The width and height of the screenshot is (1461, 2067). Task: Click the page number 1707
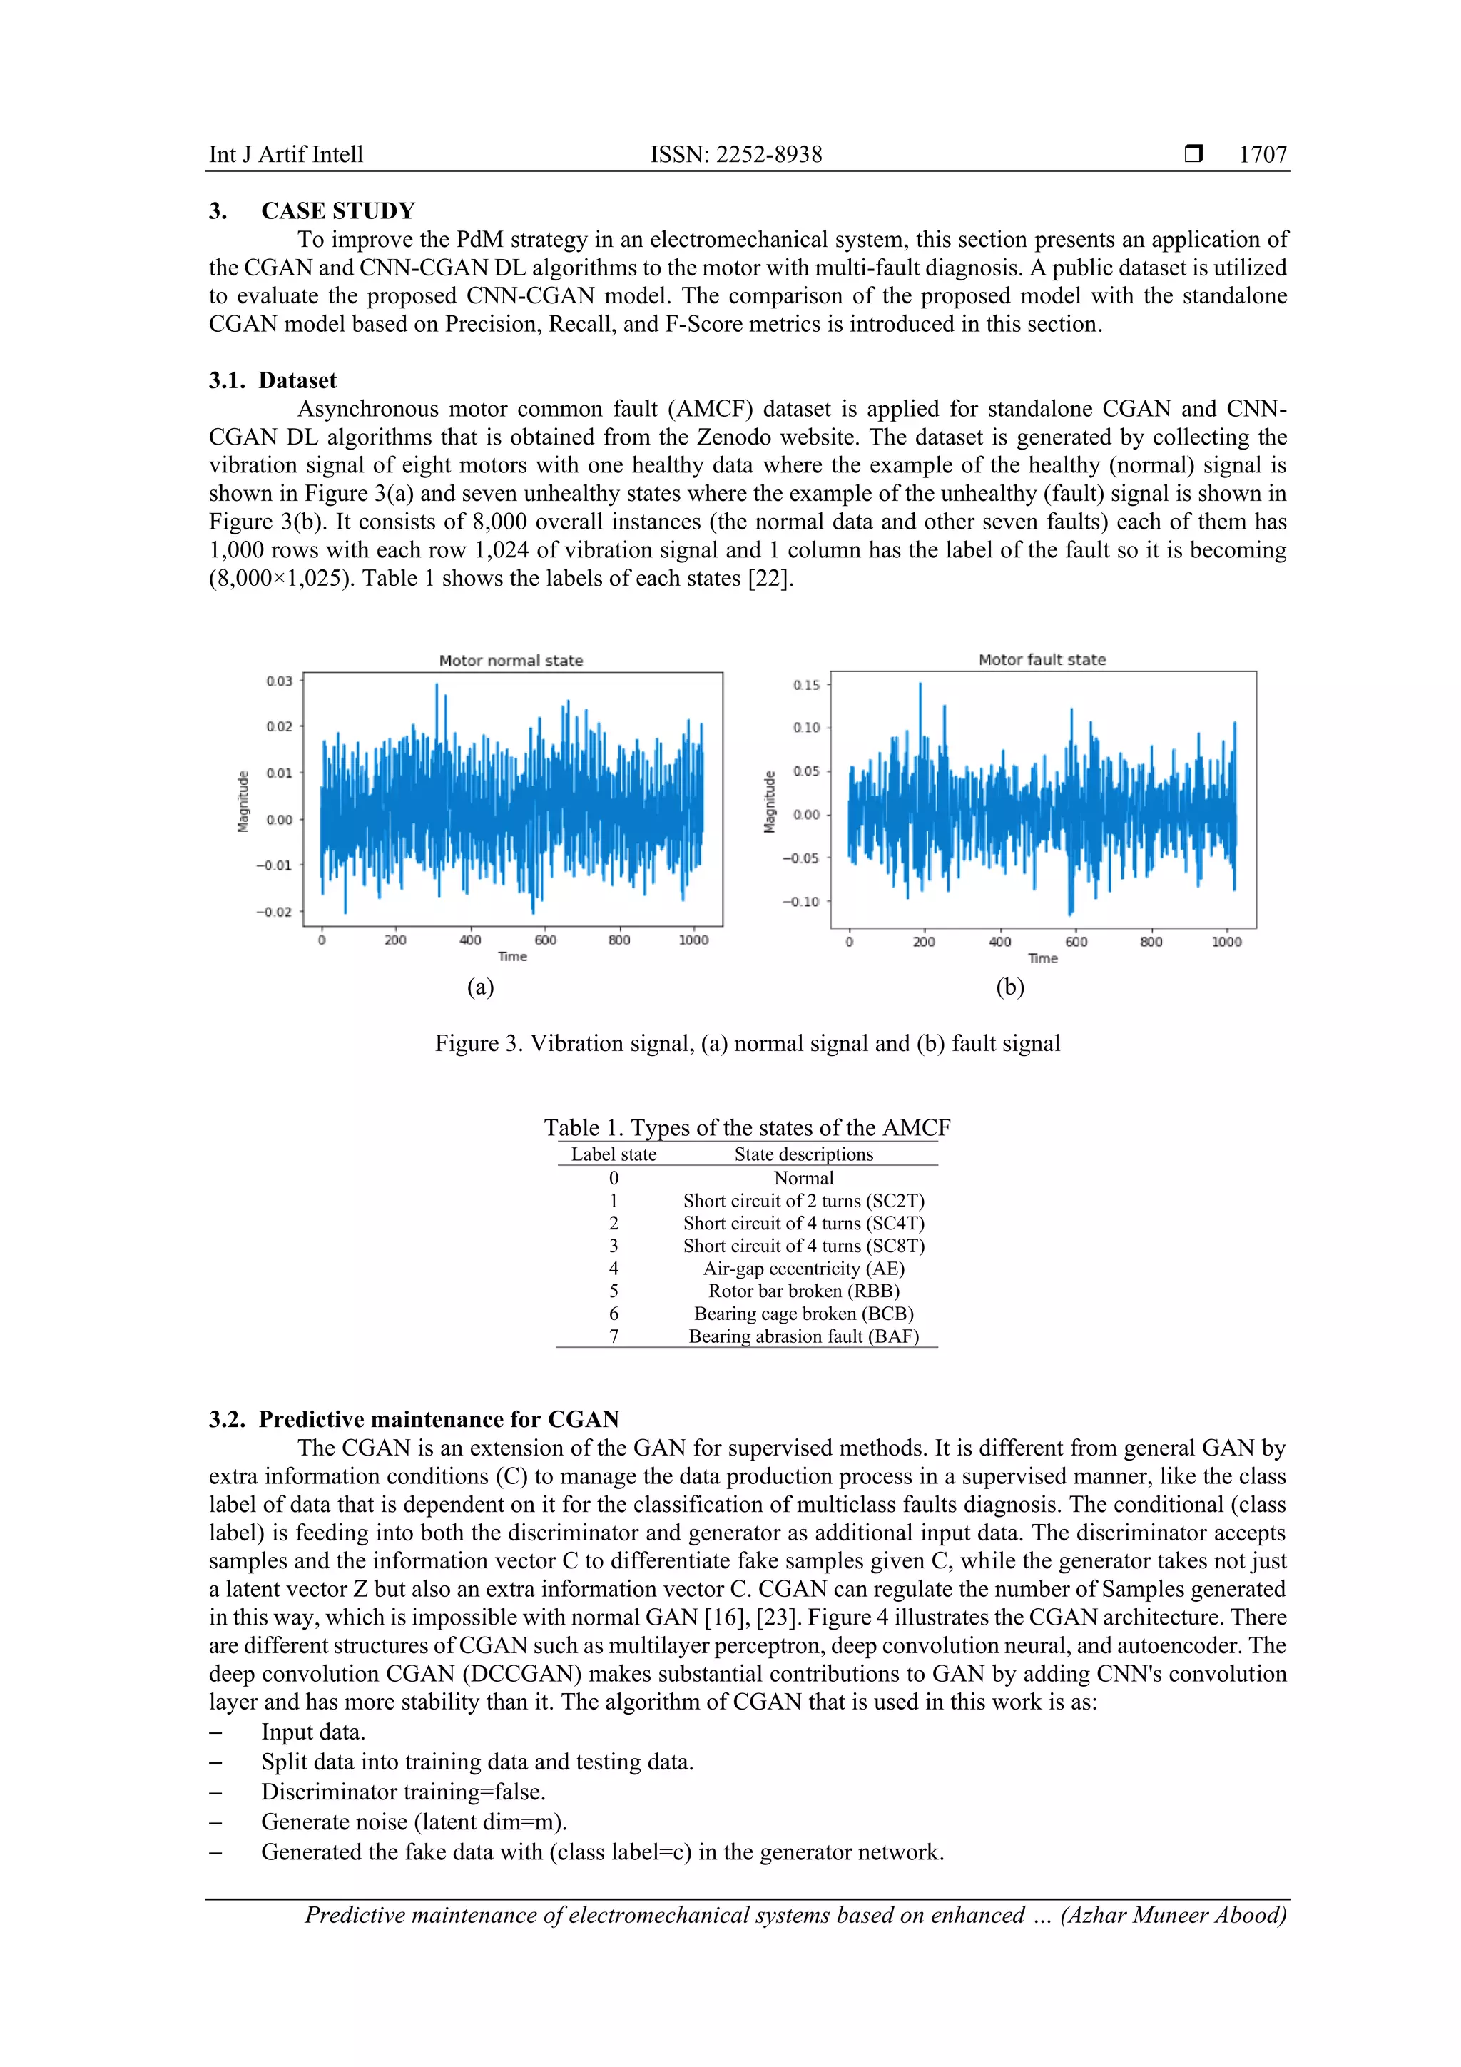(1262, 155)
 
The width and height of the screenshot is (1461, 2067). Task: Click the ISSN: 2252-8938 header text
(735, 155)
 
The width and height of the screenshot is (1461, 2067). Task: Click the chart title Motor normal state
(510, 660)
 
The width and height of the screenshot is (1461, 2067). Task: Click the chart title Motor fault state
(1042, 659)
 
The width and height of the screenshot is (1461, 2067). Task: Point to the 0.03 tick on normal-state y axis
(279, 681)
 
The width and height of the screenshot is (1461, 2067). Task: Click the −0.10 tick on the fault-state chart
(800, 901)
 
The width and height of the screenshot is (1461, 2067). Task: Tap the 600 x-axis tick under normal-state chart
(544, 940)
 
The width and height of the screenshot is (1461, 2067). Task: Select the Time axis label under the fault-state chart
(1042, 958)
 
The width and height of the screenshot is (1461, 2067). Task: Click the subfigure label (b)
(1009, 987)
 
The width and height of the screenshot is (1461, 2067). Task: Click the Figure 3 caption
(747, 1042)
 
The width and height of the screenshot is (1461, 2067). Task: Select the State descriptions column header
(803, 1154)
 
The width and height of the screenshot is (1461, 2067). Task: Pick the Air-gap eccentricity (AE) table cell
(803, 1268)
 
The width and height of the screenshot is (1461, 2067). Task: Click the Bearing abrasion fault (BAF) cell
(803, 1336)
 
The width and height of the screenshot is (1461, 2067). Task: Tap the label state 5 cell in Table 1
(614, 1290)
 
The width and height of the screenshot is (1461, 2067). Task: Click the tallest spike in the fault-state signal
(920, 686)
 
